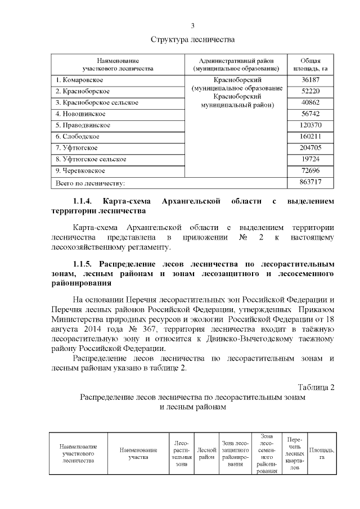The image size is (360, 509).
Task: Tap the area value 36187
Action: click(x=310, y=80)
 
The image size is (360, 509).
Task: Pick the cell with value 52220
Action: click(x=310, y=92)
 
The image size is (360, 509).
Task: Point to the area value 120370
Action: click(x=310, y=125)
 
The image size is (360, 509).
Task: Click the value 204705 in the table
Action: click(x=310, y=148)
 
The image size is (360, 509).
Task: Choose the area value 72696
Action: click(x=310, y=170)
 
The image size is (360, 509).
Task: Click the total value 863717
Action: click(x=310, y=182)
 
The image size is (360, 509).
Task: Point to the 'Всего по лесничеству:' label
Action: click(x=89, y=183)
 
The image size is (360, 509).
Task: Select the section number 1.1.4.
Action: click(x=85, y=201)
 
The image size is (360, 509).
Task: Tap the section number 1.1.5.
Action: click(x=85, y=264)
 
